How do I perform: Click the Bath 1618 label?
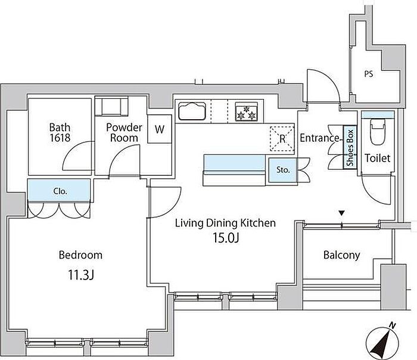point(60,132)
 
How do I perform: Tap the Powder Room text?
point(124,132)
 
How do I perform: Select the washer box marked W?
point(160,129)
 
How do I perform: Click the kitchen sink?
point(192,111)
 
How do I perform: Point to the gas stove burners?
point(247,111)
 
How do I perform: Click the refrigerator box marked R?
point(282,138)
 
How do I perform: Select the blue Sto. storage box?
point(283,170)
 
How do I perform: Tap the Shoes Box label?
point(350,147)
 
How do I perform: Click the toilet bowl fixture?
point(378,132)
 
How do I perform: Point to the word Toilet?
point(377,159)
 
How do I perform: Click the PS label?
point(369,74)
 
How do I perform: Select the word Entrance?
point(319,138)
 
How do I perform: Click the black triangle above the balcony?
point(342,213)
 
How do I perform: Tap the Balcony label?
point(342,255)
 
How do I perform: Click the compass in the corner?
point(382,342)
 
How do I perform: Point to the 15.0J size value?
point(226,238)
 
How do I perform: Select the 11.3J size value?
point(81,275)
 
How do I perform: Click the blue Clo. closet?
point(59,191)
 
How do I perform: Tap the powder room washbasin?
point(112,107)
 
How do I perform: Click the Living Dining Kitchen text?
point(225,223)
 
